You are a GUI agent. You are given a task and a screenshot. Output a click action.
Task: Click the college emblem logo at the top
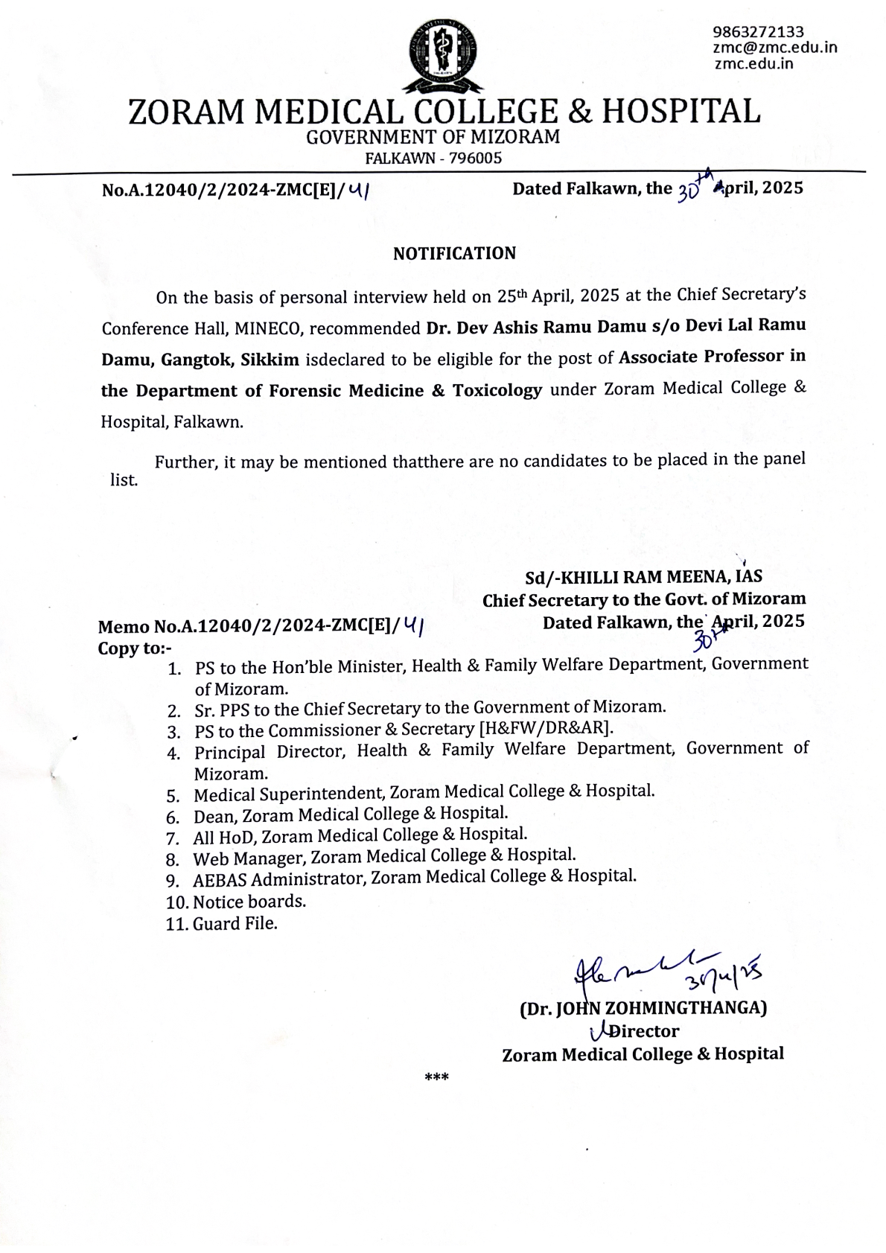pyautogui.click(x=442, y=54)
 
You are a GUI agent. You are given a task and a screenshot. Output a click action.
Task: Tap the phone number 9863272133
pyautogui.click(x=758, y=32)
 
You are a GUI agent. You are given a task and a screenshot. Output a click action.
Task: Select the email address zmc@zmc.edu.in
pyautogui.click(x=774, y=48)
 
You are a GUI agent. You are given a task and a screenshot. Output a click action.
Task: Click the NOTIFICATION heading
pyautogui.click(x=454, y=253)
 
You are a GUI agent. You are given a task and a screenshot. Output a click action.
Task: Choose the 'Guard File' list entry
pyautogui.click(x=235, y=925)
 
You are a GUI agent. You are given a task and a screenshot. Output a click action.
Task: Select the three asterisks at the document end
pyautogui.click(x=436, y=1077)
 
